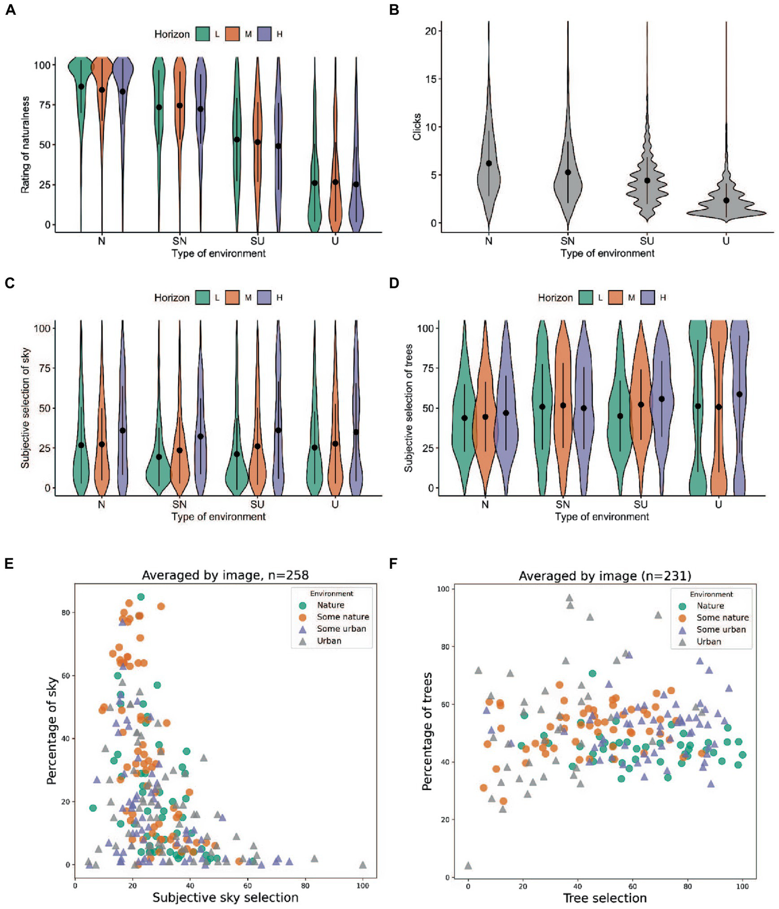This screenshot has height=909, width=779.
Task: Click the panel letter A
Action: (x=10, y=10)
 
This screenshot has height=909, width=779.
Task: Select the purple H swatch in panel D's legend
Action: (x=648, y=298)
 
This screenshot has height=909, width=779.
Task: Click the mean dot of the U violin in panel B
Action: (x=726, y=201)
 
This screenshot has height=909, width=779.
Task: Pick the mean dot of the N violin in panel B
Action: (x=489, y=164)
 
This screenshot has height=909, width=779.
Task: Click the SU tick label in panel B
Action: (x=647, y=241)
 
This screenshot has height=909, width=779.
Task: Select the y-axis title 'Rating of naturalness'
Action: (x=25, y=145)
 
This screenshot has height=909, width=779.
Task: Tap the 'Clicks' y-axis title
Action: (x=417, y=126)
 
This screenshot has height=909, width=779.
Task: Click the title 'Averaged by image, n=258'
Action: (x=225, y=575)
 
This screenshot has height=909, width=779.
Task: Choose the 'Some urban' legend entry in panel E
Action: (x=341, y=629)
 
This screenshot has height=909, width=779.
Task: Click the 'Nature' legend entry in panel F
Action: (x=710, y=606)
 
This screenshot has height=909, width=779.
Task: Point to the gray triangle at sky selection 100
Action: (x=362, y=865)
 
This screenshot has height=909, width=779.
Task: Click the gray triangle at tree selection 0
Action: (x=468, y=866)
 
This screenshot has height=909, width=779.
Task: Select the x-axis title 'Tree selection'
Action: (x=604, y=898)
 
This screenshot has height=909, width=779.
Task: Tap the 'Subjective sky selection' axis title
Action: (x=225, y=897)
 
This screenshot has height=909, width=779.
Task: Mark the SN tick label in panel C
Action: (x=179, y=504)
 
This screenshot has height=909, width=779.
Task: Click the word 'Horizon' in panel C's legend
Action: (x=172, y=298)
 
